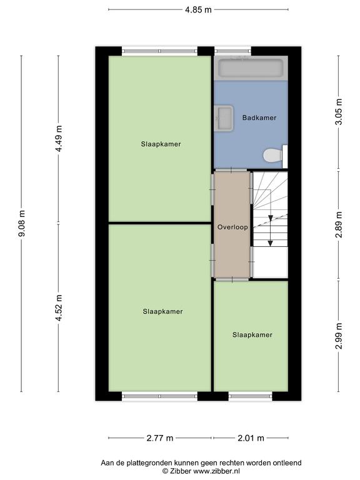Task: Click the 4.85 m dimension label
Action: [x=198, y=10]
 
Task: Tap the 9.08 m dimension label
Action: [x=22, y=224]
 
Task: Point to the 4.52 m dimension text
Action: [x=59, y=307]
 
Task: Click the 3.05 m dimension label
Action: [x=339, y=112]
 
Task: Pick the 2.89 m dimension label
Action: [x=339, y=224]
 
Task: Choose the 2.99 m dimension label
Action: [x=339, y=336]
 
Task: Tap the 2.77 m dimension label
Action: [x=160, y=438]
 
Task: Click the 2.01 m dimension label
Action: [x=251, y=438]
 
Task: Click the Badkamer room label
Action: [x=259, y=117]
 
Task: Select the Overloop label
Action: [x=232, y=227]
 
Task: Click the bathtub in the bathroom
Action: [x=251, y=67]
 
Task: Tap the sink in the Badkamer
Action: [x=224, y=118]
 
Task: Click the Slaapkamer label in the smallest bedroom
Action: [x=252, y=335]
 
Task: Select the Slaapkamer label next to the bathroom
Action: [x=161, y=144]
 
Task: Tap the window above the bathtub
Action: [x=232, y=51]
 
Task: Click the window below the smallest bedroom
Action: [x=250, y=396]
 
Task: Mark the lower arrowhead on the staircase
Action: [x=270, y=243]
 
